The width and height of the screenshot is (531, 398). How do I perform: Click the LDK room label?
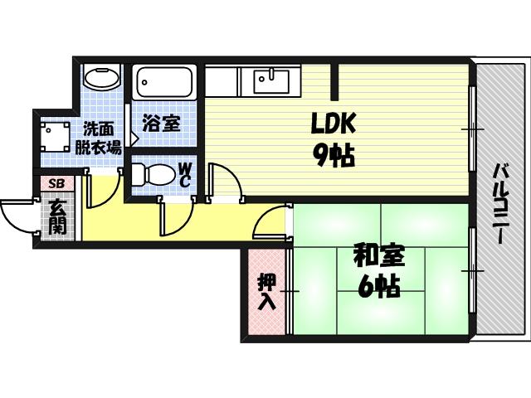(x=333, y=124)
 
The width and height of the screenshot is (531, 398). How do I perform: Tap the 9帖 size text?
(x=334, y=155)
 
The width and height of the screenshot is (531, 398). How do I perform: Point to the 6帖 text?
(x=378, y=287)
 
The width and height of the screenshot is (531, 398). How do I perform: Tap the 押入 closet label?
(x=266, y=291)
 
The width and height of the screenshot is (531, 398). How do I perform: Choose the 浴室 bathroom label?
(x=161, y=124)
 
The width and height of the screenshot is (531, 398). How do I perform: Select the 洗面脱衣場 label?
(x=99, y=138)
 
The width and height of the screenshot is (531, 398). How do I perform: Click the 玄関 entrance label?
(x=56, y=216)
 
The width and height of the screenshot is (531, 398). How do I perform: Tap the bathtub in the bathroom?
(x=164, y=83)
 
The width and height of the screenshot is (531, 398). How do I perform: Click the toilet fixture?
(x=149, y=175)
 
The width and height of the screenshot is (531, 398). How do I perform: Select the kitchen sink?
(x=265, y=82)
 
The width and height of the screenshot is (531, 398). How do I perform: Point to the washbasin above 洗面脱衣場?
(x=101, y=79)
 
